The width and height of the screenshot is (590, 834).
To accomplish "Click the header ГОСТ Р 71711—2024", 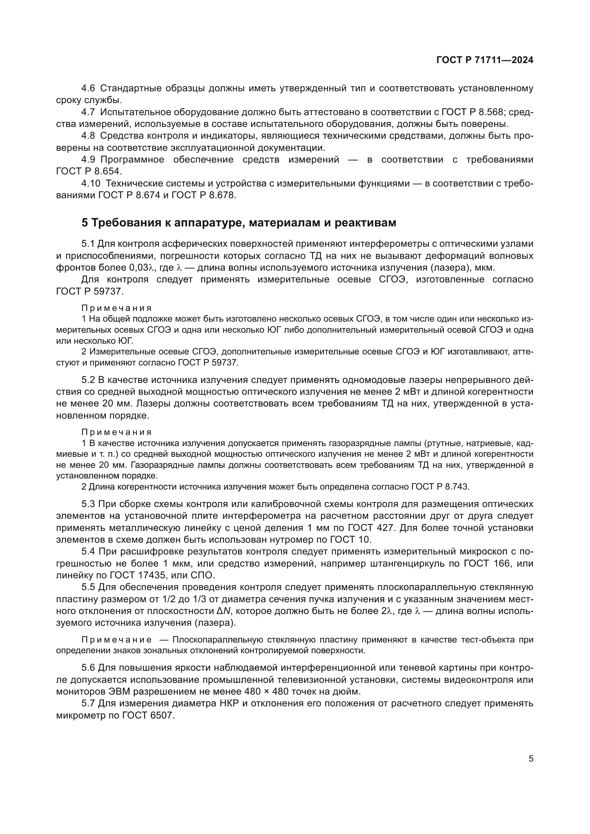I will click(x=485, y=60).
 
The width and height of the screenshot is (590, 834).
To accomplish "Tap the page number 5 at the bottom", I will click(x=531, y=758).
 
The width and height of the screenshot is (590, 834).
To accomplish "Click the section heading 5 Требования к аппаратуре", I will click(x=239, y=222).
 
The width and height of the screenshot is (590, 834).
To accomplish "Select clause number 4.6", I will click(x=88, y=88).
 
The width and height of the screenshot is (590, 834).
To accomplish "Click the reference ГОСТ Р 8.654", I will click(x=89, y=172).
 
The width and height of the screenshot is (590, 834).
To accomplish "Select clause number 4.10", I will click(x=91, y=183).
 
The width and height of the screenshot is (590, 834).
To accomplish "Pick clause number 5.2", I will click(x=88, y=380).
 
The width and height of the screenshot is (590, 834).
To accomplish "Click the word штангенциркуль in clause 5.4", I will click(x=409, y=563).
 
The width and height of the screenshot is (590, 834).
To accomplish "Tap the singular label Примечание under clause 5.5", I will click(x=116, y=640).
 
